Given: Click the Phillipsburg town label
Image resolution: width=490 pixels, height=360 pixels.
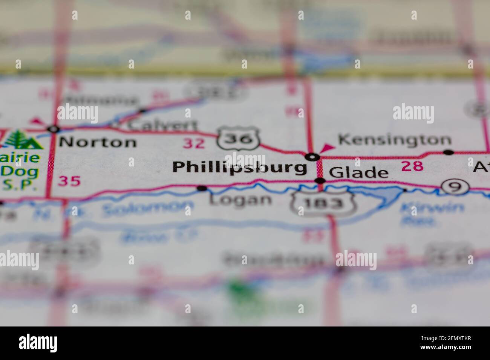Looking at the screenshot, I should point(240,167).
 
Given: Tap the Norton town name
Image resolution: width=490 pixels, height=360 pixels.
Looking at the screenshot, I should point(98,142).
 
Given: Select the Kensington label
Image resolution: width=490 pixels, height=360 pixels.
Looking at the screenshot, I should point(395,140).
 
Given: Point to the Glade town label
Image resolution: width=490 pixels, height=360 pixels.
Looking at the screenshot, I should point(358,173).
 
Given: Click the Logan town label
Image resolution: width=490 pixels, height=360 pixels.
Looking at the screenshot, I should point(240,200).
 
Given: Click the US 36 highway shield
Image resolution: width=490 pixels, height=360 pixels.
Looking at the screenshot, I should point(239,139).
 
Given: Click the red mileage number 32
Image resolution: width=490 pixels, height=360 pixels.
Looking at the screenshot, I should point(194,143).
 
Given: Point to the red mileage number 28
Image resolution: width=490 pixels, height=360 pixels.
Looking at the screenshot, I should point(412,166).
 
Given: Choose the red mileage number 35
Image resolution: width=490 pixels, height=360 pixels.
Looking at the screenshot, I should point(69,182).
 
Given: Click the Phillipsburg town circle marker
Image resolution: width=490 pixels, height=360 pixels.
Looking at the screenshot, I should point(312,156).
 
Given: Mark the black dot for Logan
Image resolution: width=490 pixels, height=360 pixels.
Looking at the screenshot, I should point(202,188).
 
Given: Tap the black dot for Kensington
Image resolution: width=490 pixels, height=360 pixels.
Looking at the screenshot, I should point(448,152).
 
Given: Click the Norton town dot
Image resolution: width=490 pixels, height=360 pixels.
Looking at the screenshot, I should point(54,129).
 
